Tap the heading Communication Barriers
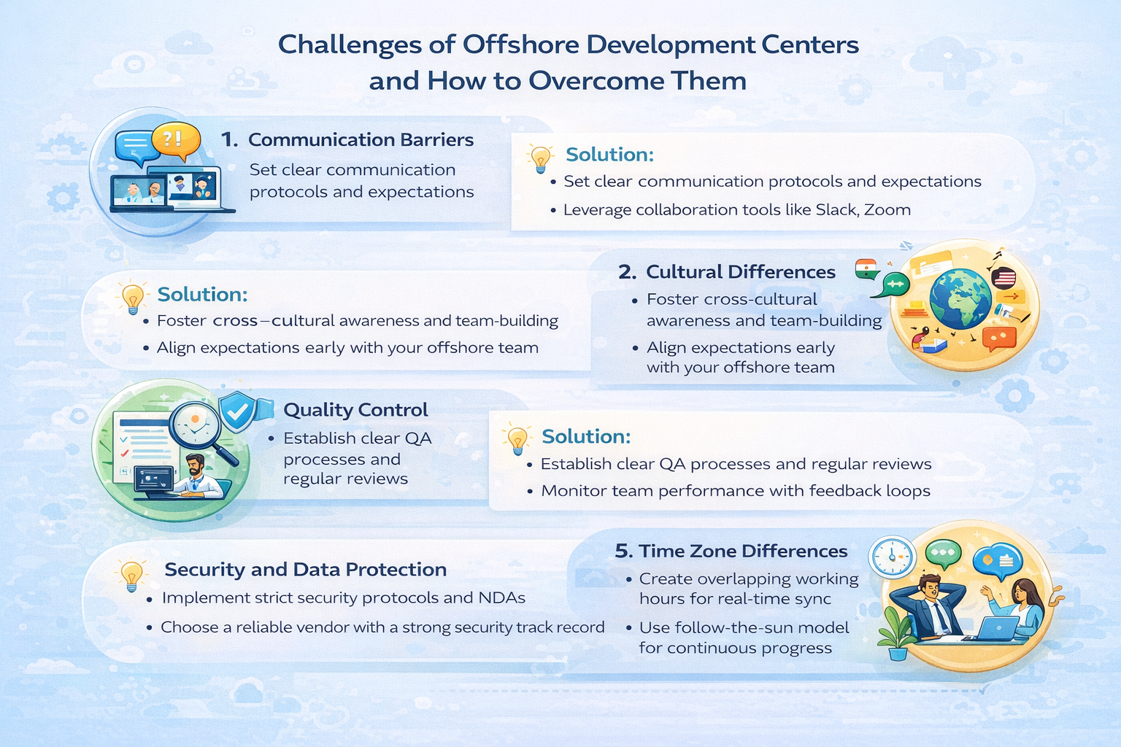361,139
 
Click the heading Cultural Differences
741,271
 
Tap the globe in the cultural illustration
960,298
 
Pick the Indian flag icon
866,269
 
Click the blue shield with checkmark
238,411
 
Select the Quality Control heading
355,410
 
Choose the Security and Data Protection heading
305,570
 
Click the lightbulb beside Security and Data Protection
131,576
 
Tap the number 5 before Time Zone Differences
623,551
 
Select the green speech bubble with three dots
944,554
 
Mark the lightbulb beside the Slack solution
540,159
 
